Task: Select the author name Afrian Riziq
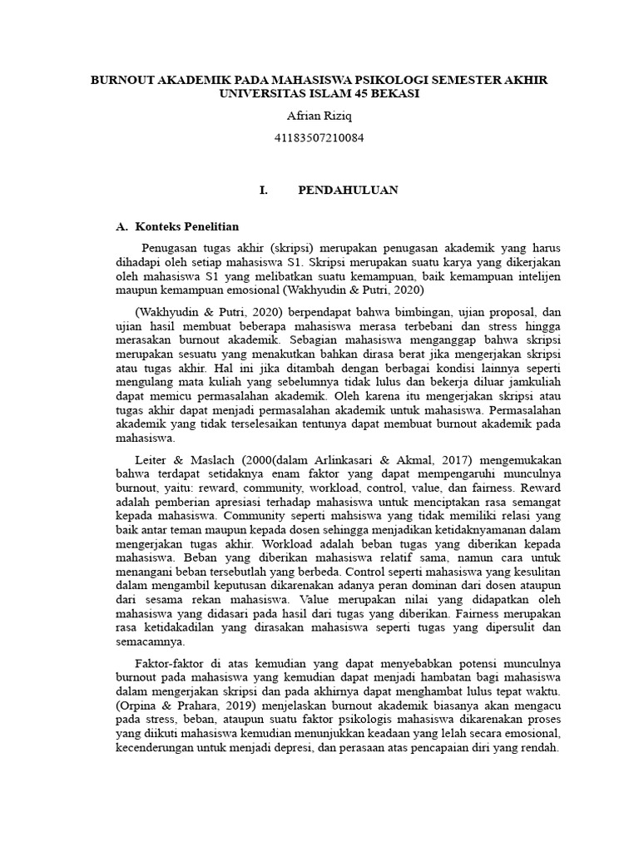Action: [319, 116]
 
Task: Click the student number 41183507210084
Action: [319, 137]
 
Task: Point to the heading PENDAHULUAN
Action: [348, 191]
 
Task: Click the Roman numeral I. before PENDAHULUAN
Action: [264, 191]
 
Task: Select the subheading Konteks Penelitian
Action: [187, 226]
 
